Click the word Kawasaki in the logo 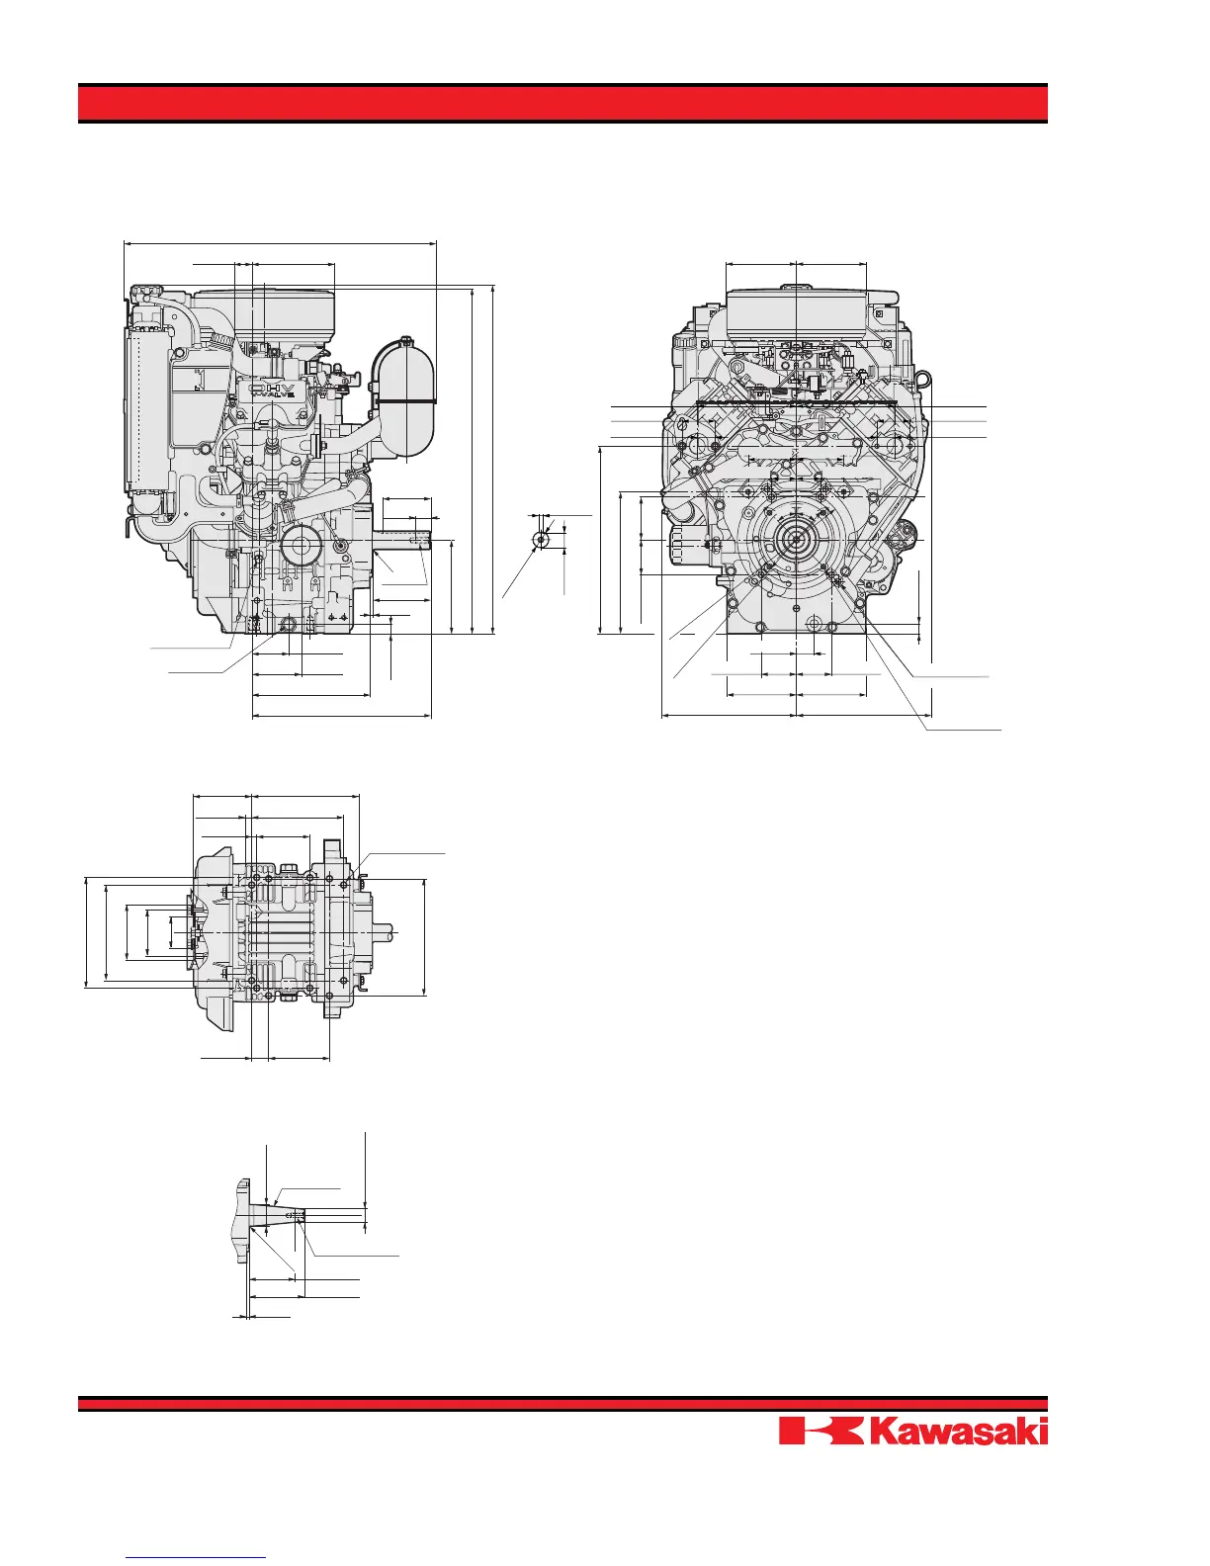pos(959,1432)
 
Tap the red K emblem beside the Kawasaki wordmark pos(821,1432)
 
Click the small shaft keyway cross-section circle pos(541,539)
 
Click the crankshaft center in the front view pos(796,539)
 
